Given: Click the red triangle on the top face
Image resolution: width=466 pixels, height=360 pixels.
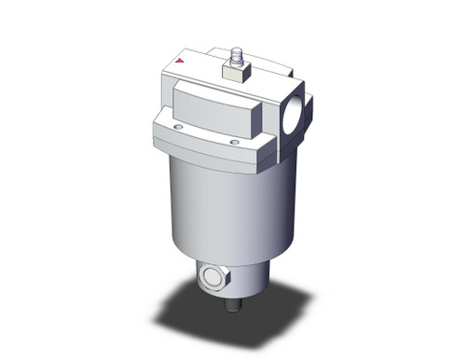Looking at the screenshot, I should point(180,62).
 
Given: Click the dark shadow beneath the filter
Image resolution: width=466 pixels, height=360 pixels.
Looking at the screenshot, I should point(233,322).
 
